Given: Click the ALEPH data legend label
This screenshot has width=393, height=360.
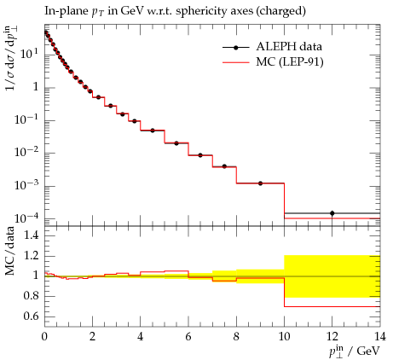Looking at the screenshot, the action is [289, 46].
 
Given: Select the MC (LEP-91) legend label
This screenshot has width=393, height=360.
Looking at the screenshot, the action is [290, 61].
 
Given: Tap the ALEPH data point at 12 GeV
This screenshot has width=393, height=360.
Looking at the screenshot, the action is [332, 213].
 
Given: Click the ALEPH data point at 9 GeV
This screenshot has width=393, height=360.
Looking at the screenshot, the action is [260, 183].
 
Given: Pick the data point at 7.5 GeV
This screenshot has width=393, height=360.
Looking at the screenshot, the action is [224, 166].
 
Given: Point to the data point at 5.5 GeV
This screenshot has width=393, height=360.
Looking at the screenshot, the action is [176, 143].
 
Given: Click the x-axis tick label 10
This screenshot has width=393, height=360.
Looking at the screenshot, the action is [284, 337].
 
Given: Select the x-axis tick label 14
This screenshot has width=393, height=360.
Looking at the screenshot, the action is [380, 337].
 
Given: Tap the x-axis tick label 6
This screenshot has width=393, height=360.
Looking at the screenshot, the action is [188, 337].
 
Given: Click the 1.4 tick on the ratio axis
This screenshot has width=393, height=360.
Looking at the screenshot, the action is [32, 235].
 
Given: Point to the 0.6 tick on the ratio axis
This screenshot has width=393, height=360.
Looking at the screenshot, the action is [32, 316].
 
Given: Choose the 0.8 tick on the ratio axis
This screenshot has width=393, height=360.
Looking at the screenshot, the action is [32, 296].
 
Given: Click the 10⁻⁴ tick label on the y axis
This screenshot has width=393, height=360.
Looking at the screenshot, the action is [26, 218].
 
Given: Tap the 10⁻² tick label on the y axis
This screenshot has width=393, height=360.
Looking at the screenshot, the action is [26, 152].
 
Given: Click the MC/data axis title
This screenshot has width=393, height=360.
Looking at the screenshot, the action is [10, 251].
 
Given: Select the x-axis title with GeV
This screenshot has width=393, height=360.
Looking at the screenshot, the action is [355, 351].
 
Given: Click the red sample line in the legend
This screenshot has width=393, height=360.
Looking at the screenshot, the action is [236, 62].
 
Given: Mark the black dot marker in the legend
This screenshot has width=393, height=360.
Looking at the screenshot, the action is [235, 48].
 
